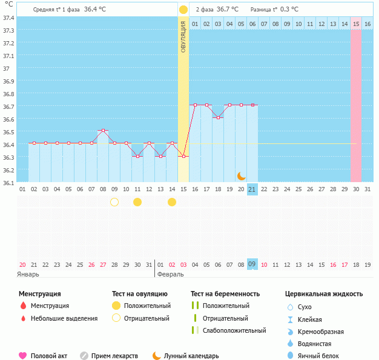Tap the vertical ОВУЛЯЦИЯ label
[183, 37]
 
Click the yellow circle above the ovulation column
[183, 10]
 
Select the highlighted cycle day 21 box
[252, 189]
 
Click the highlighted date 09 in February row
[252, 264]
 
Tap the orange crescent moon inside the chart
[242, 175]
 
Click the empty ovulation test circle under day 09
[114, 201]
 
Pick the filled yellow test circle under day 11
[137, 201]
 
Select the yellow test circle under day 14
[172, 201]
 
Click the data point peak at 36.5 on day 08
[103, 131]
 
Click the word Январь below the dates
[28, 274]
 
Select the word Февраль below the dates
[171, 274]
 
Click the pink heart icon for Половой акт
[23, 356]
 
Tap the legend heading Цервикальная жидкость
[324, 293]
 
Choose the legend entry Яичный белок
[319, 356]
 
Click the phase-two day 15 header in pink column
[356, 24]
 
